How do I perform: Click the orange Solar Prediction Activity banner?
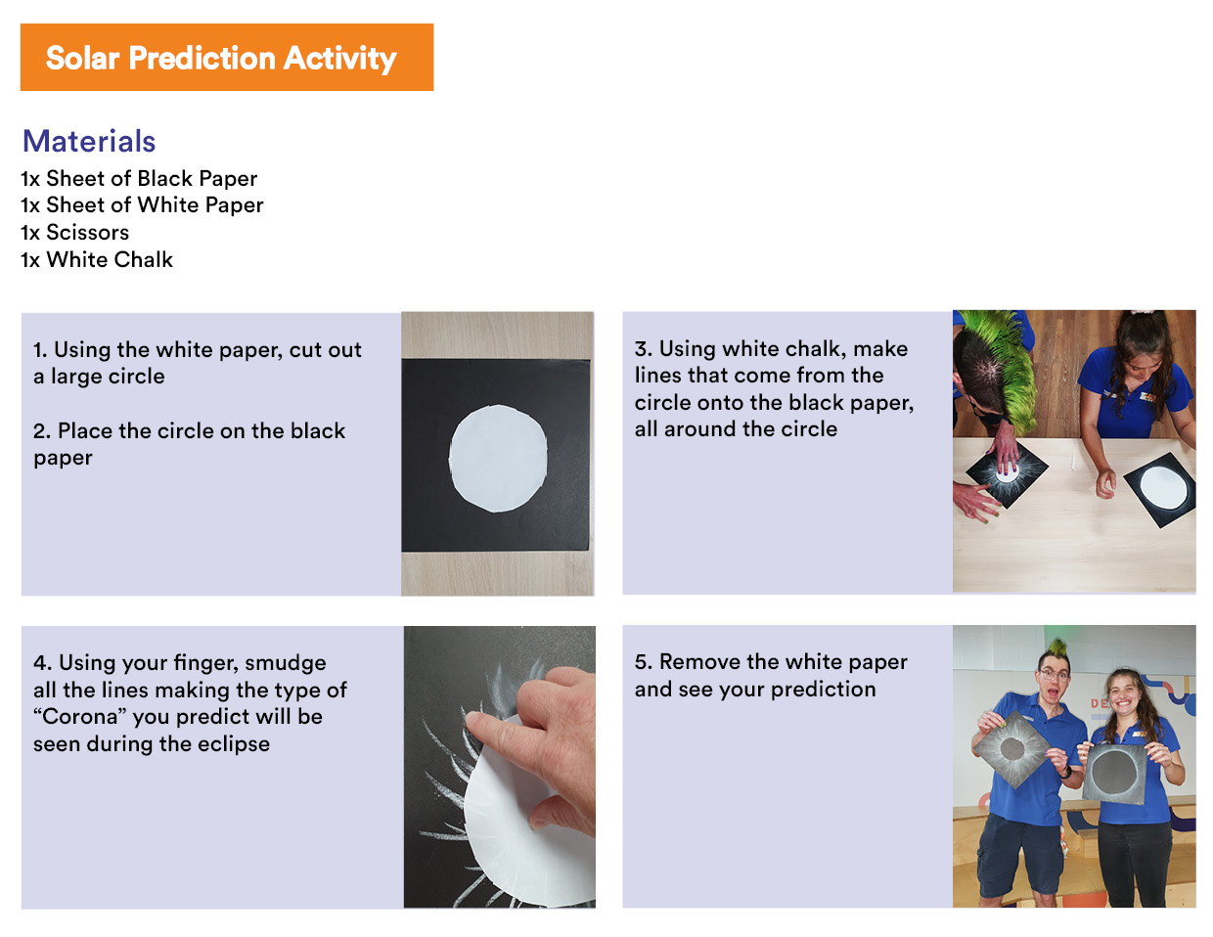coord(227,57)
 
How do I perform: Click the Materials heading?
coord(89,141)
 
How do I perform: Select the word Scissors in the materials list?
coord(88,232)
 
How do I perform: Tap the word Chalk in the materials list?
coord(141,259)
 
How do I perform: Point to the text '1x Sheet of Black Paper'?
coord(139,179)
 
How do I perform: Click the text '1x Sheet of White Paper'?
coord(142,204)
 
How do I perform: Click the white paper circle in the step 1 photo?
coord(498,458)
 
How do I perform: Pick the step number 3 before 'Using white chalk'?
coord(643,349)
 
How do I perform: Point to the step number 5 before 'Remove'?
coord(643,662)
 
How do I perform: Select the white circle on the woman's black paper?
coord(1163,487)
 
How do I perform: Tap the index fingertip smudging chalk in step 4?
coord(472,721)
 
